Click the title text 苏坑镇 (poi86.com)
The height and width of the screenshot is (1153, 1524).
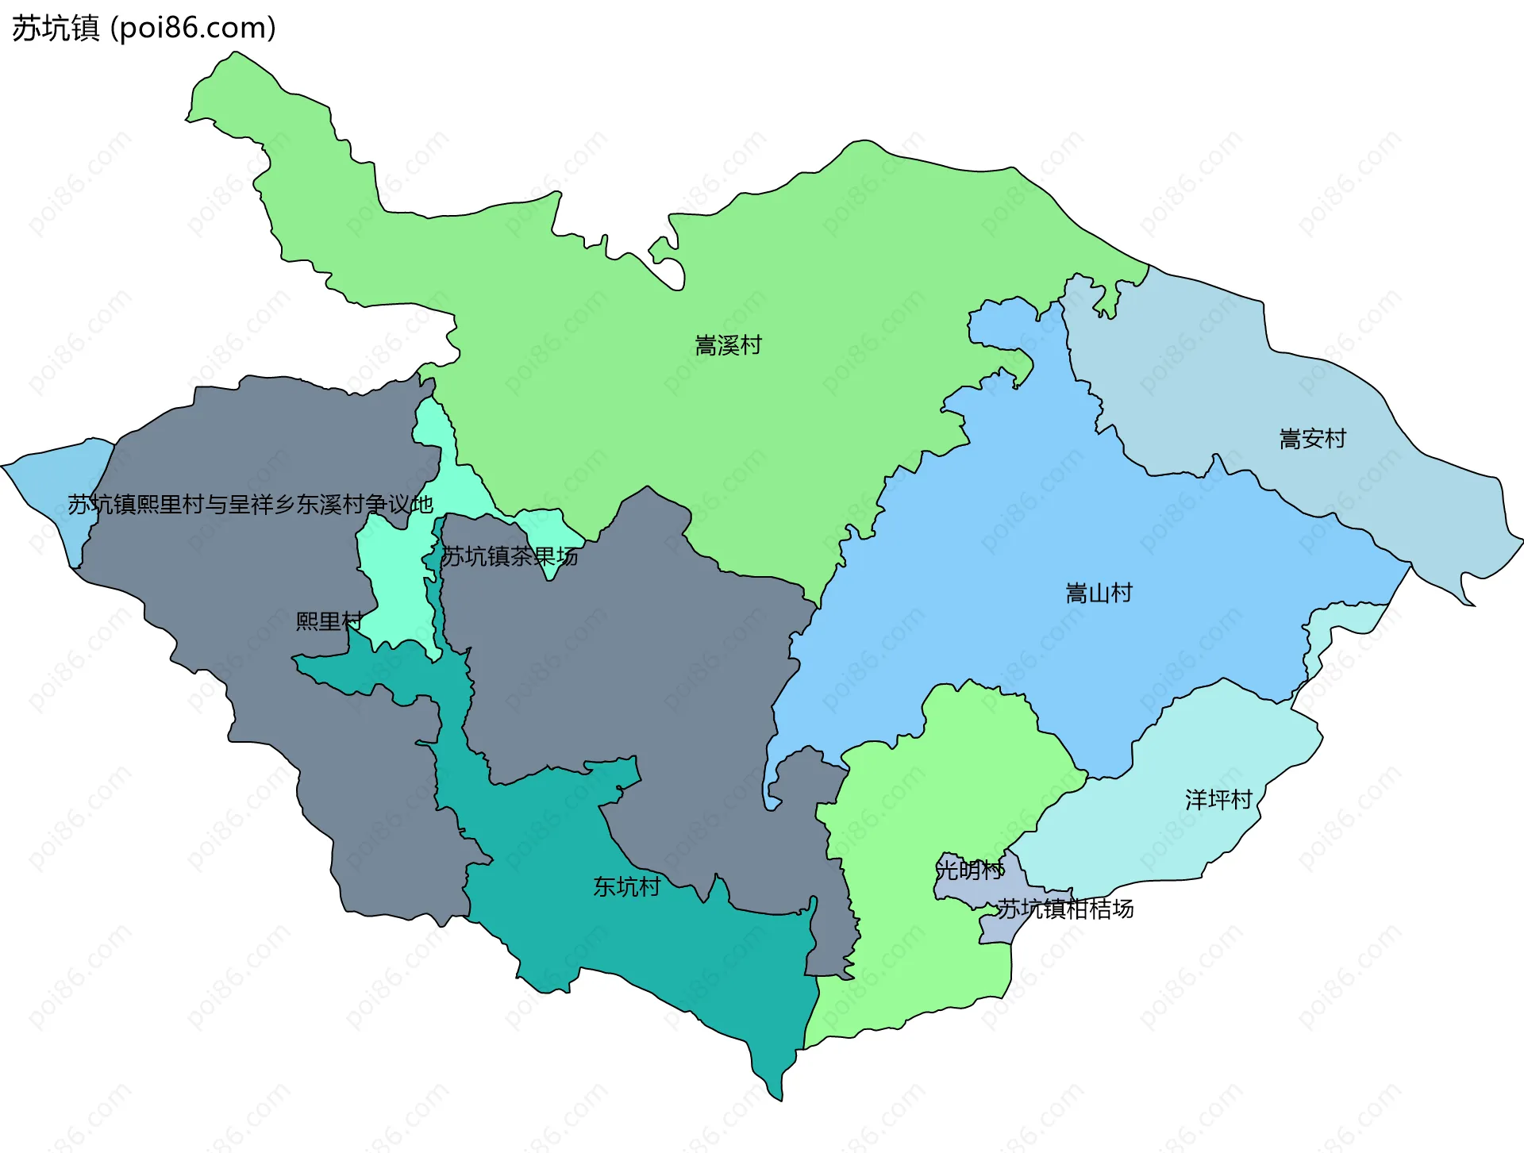pyautogui.click(x=144, y=28)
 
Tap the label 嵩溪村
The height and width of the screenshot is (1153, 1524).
pyautogui.click(x=728, y=345)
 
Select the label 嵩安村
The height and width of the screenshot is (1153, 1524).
pyautogui.click(x=1312, y=439)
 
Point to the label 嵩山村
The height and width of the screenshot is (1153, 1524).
pyautogui.click(x=1099, y=593)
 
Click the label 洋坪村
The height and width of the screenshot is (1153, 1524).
pyautogui.click(x=1218, y=799)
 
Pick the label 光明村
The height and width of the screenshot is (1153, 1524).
pyautogui.click(x=969, y=870)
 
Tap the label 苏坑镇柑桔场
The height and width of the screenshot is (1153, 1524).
pyautogui.click(x=1064, y=909)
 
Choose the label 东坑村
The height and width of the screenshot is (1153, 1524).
pyautogui.click(x=627, y=886)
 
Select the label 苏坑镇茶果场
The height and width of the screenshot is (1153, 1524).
pyautogui.click(x=509, y=556)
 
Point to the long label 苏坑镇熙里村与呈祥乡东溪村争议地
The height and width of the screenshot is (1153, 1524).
pyautogui.click(x=250, y=505)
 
